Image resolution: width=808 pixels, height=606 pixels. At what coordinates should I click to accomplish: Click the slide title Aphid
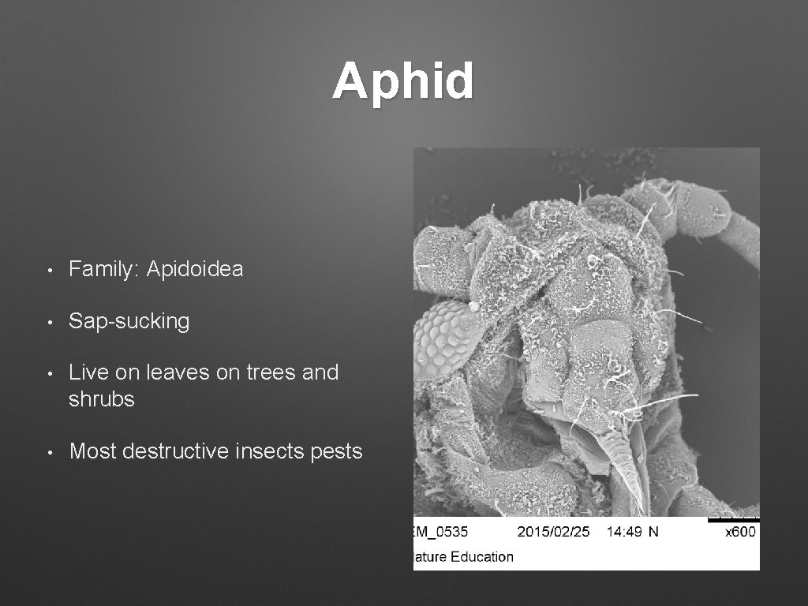click(x=403, y=81)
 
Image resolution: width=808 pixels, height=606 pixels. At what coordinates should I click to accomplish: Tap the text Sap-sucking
click(x=129, y=321)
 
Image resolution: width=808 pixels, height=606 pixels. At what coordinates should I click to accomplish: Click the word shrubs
click(x=102, y=399)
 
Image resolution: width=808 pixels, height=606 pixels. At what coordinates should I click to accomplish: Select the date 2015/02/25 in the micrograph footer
click(x=553, y=532)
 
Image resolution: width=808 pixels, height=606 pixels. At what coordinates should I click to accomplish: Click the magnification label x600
click(x=740, y=532)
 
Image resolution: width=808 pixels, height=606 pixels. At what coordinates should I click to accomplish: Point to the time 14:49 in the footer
click(x=623, y=532)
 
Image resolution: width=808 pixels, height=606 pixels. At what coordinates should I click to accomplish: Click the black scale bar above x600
click(x=733, y=519)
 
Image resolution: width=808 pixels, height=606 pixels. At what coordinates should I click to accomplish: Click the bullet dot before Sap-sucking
click(x=50, y=322)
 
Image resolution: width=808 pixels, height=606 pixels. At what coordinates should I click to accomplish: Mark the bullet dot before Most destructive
click(x=50, y=452)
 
